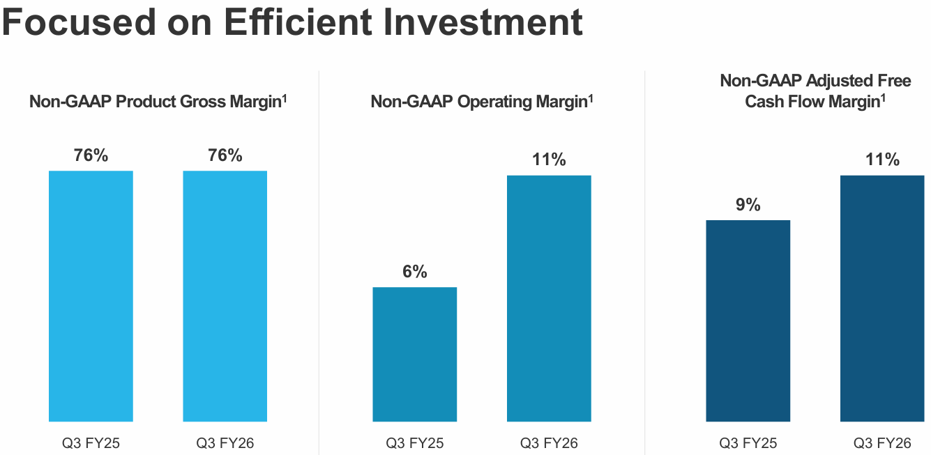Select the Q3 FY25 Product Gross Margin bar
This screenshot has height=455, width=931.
tap(91, 296)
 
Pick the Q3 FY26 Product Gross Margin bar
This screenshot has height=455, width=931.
tap(225, 296)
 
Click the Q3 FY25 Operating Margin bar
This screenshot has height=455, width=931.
tap(414, 354)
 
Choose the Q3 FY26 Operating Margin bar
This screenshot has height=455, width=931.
tap(549, 298)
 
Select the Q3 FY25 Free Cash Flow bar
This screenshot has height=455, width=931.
tap(748, 321)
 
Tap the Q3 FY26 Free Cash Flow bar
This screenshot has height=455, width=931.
tap(882, 298)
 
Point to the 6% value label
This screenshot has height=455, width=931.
tap(414, 272)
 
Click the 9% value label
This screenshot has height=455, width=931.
tap(748, 206)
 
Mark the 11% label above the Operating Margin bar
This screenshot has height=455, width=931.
tap(549, 160)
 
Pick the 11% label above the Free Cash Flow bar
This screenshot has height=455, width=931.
tap(882, 160)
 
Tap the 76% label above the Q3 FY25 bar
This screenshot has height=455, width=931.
tap(91, 155)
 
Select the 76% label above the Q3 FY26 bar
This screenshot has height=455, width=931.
tap(225, 155)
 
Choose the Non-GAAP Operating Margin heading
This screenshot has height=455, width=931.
tap(482, 102)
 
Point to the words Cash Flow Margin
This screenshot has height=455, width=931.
tap(811, 102)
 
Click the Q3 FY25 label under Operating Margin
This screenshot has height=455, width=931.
tap(414, 443)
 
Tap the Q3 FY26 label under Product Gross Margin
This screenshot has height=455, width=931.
tap(225, 443)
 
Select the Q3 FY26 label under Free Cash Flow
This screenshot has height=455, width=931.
tap(882, 443)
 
